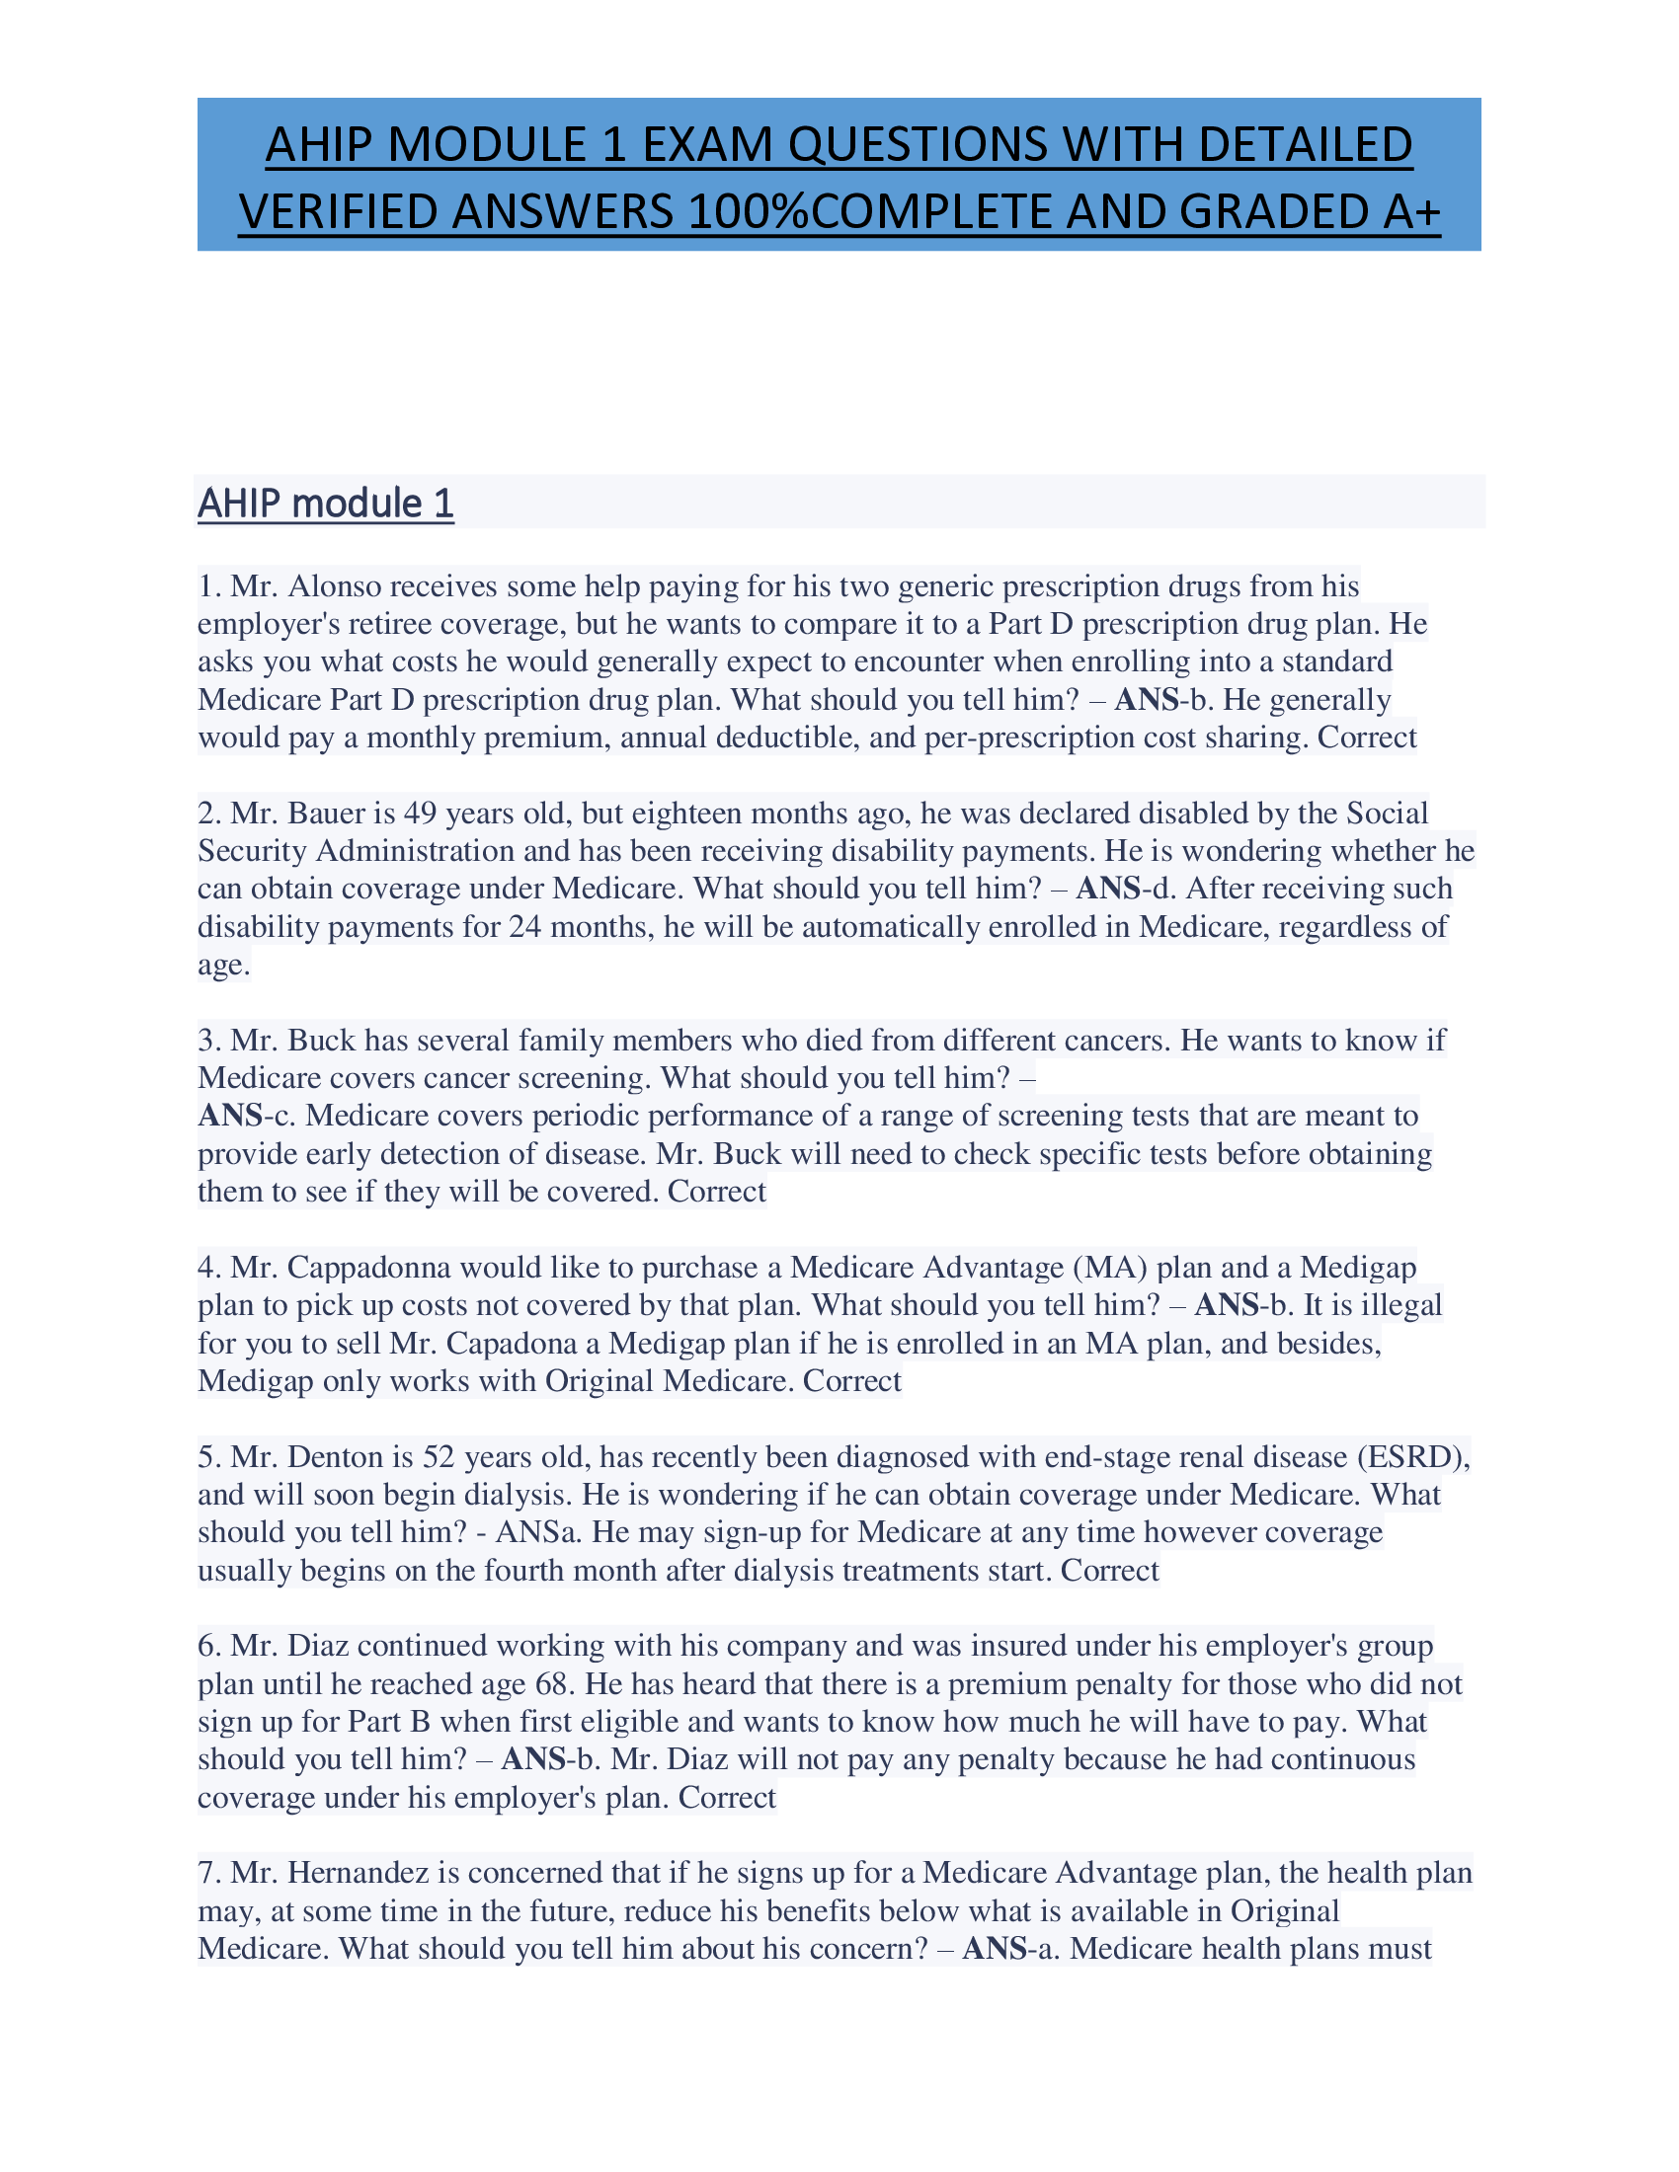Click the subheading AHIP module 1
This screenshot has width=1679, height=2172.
click(x=325, y=504)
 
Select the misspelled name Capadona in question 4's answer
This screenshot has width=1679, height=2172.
click(x=514, y=1344)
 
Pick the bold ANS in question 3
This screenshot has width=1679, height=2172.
click(x=230, y=1116)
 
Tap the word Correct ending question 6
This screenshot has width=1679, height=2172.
click(x=727, y=1797)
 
